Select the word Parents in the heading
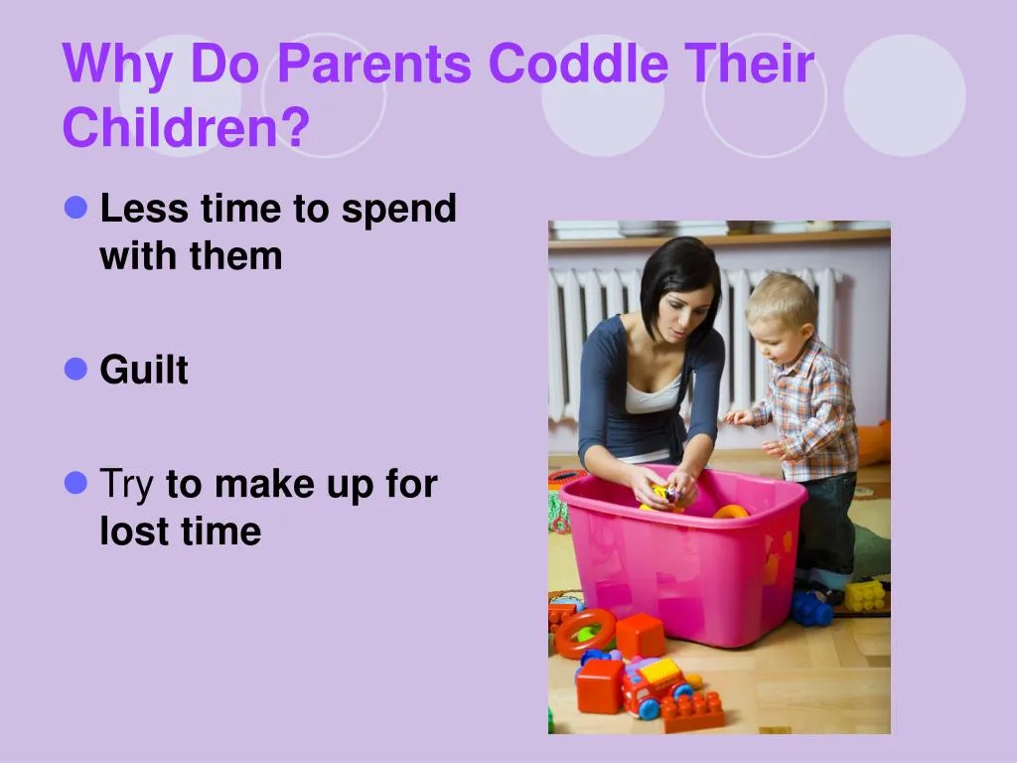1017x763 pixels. [x=374, y=66]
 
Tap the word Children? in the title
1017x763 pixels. [x=186, y=128]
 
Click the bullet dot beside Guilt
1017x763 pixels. [x=76, y=370]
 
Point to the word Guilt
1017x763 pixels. [x=144, y=371]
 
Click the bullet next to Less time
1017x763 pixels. [x=76, y=209]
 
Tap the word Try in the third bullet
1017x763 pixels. [x=126, y=485]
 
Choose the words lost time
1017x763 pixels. [x=180, y=532]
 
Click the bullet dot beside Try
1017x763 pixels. [x=76, y=484]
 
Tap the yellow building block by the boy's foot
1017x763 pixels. [x=864, y=595]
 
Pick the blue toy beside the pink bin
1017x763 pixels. [x=811, y=608]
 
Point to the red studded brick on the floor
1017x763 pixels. [x=693, y=711]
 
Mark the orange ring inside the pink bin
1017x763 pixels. [x=731, y=512]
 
